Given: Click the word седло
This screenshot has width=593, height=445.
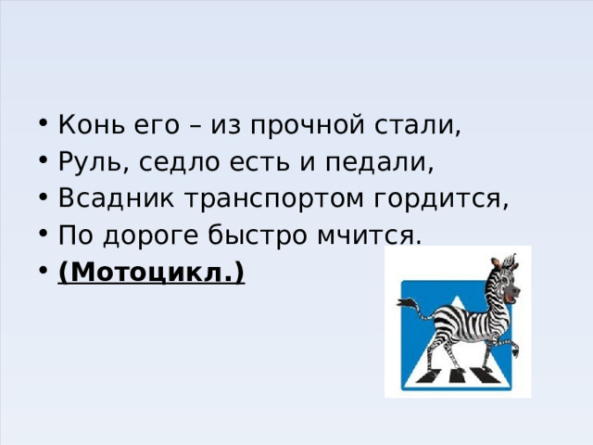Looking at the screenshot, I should tap(183, 162).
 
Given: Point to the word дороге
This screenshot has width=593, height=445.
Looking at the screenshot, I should tap(141, 236).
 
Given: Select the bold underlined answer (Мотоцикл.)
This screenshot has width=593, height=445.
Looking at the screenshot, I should tap(151, 273).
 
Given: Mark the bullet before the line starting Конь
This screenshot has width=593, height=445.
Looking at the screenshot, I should tap(46, 126).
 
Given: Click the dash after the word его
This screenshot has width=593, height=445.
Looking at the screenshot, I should tap(201, 126).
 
